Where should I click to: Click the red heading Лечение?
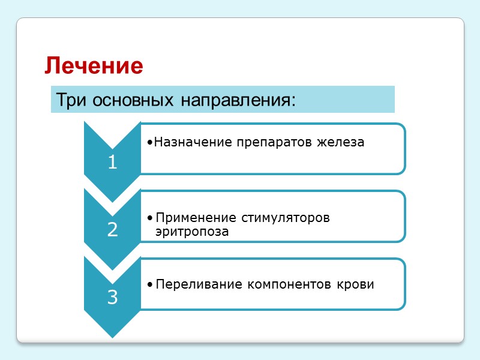click(x=94, y=65)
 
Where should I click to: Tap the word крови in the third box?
click(x=358, y=284)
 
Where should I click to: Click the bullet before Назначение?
click(x=149, y=143)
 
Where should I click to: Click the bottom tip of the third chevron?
click(x=112, y=337)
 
